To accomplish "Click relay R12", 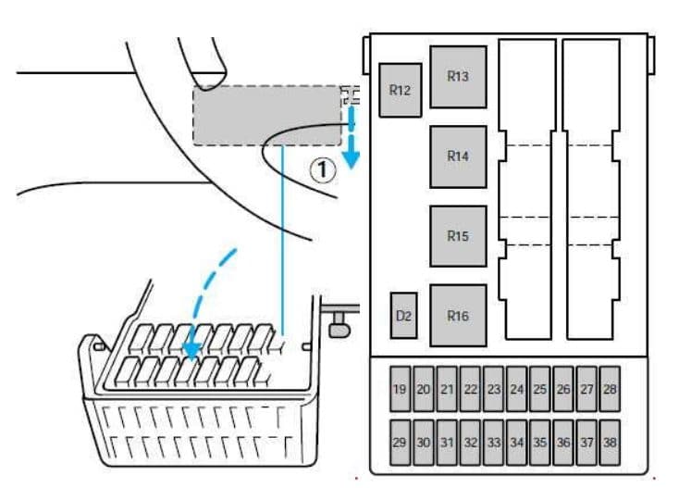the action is tap(401, 90).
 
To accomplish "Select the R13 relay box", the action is tap(458, 77).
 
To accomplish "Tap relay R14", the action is tap(458, 156).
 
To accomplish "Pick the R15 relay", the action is tap(458, 236).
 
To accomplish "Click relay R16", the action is tap(458, 316).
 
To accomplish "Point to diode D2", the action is tap(403, 316).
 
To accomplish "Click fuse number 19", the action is tap(400, 389).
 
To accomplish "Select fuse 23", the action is tap(494, 389).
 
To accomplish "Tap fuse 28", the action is tap(610, 389).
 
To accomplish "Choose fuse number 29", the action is tap(400, 443).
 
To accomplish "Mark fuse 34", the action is tap(516, 443).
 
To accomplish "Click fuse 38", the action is tap(610, 443).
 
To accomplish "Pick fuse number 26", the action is tap(563, 389).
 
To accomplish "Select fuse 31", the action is tap(447, 443).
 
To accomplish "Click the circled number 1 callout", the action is tap(323, 169).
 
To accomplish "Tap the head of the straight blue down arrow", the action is tap(352, 160).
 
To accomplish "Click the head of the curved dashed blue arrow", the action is tap(191, 351).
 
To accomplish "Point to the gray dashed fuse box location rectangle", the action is tap(266, 115).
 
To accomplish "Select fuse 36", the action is tap(563, 443).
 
